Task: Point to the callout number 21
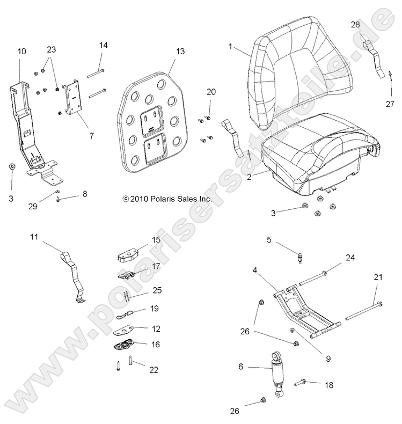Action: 378,277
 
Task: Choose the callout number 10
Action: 22,52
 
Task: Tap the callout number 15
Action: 156,239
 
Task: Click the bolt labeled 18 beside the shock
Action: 300,382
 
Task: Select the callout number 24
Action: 350,258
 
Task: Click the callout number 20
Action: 211,92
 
